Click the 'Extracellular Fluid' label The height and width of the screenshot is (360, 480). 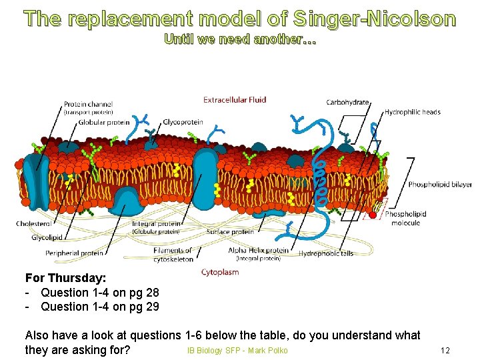pyautogui.click(x=234, y=100)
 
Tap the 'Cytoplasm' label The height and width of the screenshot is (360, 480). pyautogui.click(x=219, y=272)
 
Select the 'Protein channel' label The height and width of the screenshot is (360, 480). pyautogui.click(x=88, y=105)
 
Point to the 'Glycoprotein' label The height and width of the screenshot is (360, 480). pyautogui.click(x=183, y=123)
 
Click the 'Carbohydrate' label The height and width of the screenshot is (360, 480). pyautogui.click(x=347, y=102)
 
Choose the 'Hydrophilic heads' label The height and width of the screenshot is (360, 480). pyautogui.click(x=412, y=112)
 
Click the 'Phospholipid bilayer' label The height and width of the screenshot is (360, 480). pyautogui.click(x=439, y=185)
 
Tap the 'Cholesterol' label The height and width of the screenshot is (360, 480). pyautogui.click(x=33, y=224)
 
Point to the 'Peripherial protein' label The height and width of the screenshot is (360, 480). pyautogui.click(x=74, y=253)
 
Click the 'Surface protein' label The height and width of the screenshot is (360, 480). pyautogui.click(x=230, y=232)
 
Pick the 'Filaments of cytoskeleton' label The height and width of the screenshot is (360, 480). pyautogui.click(x=173, y=254)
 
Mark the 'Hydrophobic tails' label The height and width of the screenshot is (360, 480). pyautogui.click(x=325, y=253)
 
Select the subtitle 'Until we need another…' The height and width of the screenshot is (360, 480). pyautogui.click(x=240, y=39)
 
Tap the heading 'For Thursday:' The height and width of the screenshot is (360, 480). pyautogui.click(x=65, y=277)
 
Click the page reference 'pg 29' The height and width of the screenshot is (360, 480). pyautogui.click(x=144, y=307)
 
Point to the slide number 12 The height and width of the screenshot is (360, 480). pyautogui.click(x=445, y=351)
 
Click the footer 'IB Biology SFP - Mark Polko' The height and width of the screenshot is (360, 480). pyautogui.click(x=237, y=351)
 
